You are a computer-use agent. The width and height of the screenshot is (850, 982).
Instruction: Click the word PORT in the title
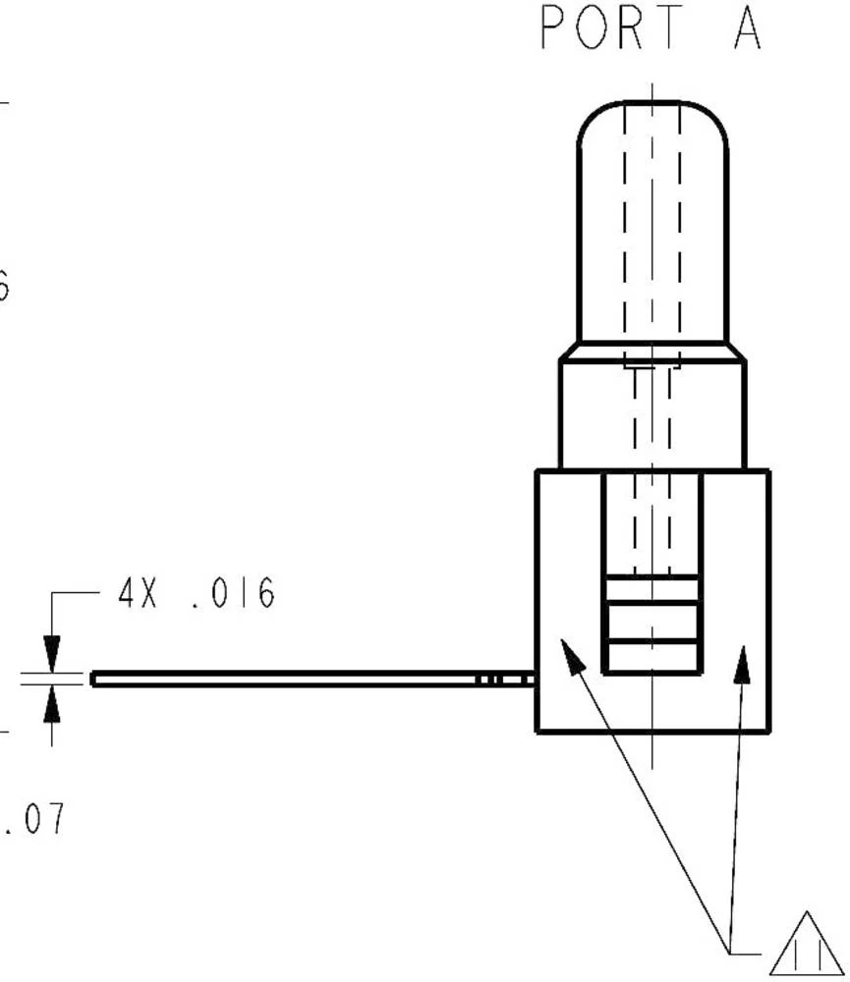[610, 28]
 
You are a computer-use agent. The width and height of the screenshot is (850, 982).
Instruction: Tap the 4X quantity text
[139, 594]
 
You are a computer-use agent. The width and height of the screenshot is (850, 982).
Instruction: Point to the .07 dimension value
[34, 818]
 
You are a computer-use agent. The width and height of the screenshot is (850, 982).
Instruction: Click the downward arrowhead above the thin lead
[52, 654]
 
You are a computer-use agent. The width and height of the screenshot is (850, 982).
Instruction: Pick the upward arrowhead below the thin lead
[52, 702]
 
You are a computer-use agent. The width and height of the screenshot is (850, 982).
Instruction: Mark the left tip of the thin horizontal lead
[94, 679]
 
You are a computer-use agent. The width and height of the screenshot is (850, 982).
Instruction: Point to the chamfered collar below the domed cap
[652, 351]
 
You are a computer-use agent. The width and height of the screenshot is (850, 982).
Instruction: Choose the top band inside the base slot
[652, 589]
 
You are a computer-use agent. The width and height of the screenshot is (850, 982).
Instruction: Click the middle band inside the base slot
[652, 622]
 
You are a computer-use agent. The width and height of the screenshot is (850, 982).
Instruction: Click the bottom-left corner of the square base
[538, 731]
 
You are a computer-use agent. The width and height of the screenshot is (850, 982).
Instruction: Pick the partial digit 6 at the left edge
[4, 287]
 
